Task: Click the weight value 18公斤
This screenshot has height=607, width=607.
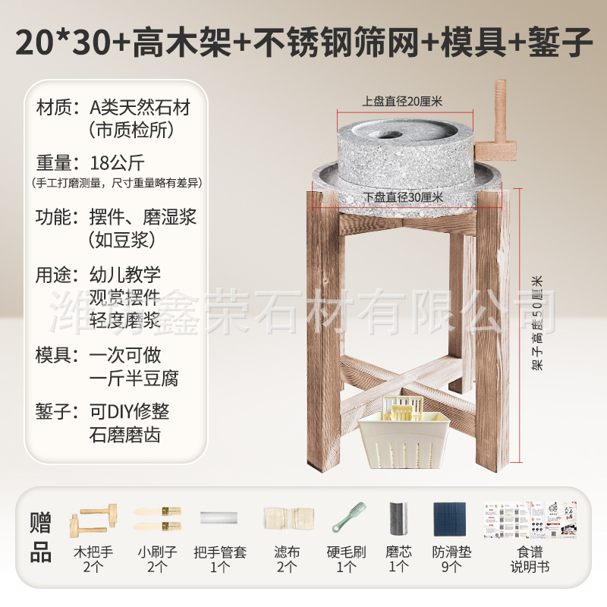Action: (x=116, y=162)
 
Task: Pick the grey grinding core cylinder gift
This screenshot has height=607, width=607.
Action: (x=399, y=521)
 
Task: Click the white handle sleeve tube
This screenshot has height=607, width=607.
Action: (x=220, y=517)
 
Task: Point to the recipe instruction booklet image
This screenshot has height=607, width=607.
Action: (x=530, y=520)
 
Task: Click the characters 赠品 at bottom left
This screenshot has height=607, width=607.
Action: (x=41, y=537)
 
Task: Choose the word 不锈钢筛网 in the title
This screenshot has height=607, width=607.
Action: (x=335, y=43)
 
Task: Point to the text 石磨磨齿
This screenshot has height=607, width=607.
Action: (x=124, y=436)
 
